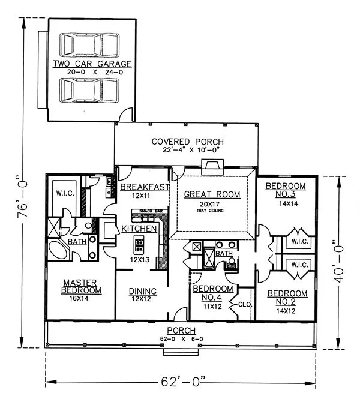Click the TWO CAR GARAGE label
92,64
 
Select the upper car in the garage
89,45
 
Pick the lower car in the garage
89,90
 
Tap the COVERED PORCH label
188,142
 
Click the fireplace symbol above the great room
212,167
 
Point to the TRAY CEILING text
210,211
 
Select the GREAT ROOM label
212,194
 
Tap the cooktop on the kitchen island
139,245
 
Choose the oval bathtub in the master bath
59,251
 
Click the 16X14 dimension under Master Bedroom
79,298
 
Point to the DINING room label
143,291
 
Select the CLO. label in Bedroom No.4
245,304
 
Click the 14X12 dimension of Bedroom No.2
286,311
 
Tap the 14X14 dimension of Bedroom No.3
289,203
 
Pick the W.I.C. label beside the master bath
65,193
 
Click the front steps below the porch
181,352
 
